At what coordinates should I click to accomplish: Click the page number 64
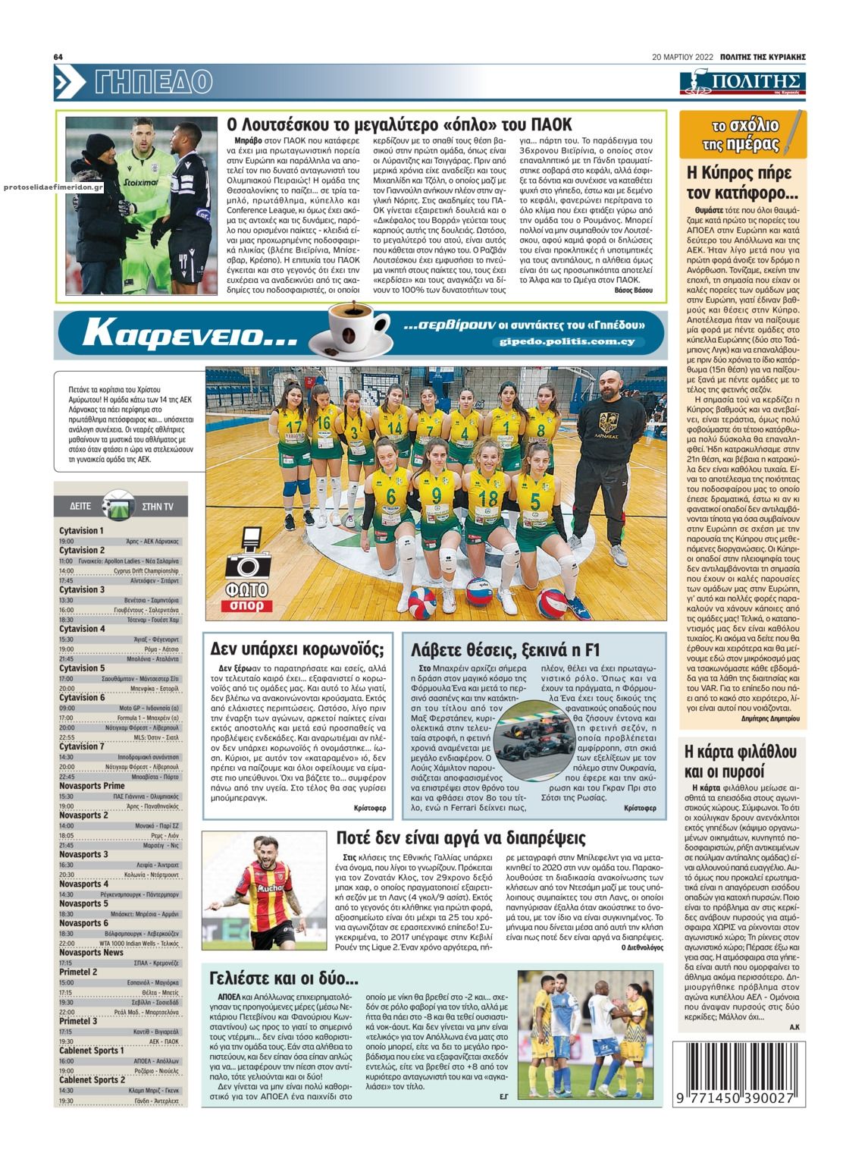pos(58,57)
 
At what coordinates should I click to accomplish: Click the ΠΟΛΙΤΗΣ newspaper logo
pos(742,82)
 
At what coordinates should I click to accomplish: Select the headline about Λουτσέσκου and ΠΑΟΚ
pos(399,125)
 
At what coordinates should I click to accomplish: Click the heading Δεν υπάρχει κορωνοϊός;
pos(297,649)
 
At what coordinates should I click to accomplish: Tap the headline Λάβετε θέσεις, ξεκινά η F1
pos(505,649)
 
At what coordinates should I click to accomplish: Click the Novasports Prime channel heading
pos(92,786)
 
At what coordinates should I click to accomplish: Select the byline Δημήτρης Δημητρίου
pos(768,717)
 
